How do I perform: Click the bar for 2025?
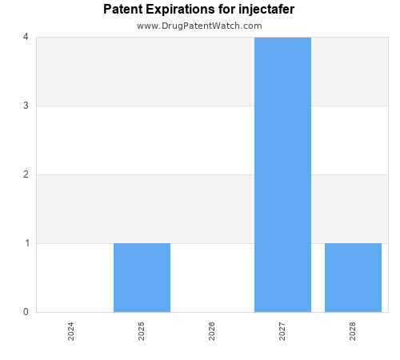pos(142,278)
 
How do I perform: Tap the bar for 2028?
pos(353,278)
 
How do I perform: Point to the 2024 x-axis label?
pos(71,331)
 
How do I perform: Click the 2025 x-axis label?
pos(142,331)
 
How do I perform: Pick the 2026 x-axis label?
pos(212,331)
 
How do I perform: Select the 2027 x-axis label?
pos(282,331)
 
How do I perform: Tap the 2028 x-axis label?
pos(353,331)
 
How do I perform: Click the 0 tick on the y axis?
pos(26,312)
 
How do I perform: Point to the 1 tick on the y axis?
pos(26,243)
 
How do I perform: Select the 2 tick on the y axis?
pos(26,174)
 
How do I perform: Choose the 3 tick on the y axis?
pos(26,106)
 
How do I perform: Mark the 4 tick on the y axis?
pos(26,37)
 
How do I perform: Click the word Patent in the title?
pos(122,10)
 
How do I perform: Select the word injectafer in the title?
pos(266,10)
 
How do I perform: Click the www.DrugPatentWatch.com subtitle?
pos(199,26)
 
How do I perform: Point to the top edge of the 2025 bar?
pos(142,243)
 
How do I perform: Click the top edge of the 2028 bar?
pos(353,243)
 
